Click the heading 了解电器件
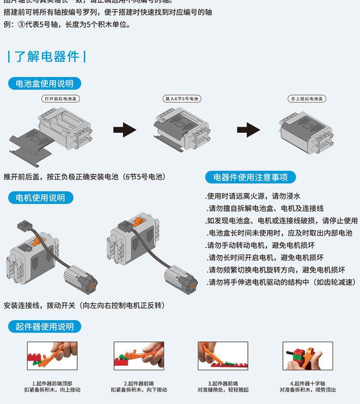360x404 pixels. point(47,57)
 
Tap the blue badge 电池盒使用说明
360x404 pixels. point(45,83)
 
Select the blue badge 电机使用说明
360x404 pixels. point(40,198)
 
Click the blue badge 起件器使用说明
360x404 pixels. point(45,327)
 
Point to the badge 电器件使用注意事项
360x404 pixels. point(250,177)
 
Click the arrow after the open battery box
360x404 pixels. point(124,130)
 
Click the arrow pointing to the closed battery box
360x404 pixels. point(248,130)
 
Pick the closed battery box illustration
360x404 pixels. point(306,127)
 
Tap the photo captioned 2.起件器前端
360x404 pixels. point(139,356)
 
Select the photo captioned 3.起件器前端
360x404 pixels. point(223,356)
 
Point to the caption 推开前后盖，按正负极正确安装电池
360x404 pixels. point(84,177)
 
